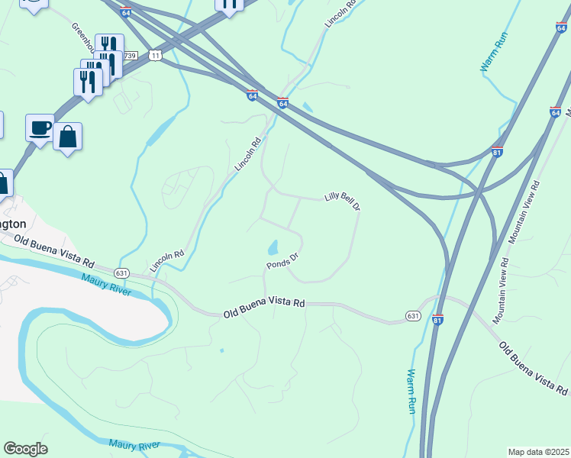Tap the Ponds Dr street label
pos(281,260)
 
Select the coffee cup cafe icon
pos(40,127)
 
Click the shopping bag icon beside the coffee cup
pos(68,137)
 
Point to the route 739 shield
pos(131,56)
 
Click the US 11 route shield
pos(156,56)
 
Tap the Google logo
pos(25,449)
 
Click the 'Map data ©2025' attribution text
pos(538,452)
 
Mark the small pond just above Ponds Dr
pos(273,247)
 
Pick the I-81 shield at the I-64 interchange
pos(497,152)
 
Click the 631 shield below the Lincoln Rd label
pos(121,273)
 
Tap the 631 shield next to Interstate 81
pos(413,314)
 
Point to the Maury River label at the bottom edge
pos(134,444)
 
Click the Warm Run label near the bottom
pos(411,392)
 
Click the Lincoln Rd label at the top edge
pos(340,14)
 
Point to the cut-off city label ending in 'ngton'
pos(14,224)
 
